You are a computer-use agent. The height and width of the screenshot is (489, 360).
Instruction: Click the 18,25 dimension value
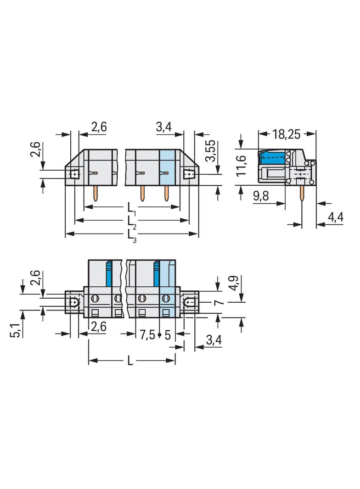286,134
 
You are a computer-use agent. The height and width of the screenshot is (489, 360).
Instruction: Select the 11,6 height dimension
242,166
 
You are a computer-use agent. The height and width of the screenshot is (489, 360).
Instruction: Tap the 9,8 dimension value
261,196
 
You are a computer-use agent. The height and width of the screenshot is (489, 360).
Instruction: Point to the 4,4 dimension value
336,217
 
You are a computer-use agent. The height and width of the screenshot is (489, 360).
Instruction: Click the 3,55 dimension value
212,150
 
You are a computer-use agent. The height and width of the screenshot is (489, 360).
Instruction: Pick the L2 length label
131,222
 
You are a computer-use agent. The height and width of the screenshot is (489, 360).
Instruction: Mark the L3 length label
131,235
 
